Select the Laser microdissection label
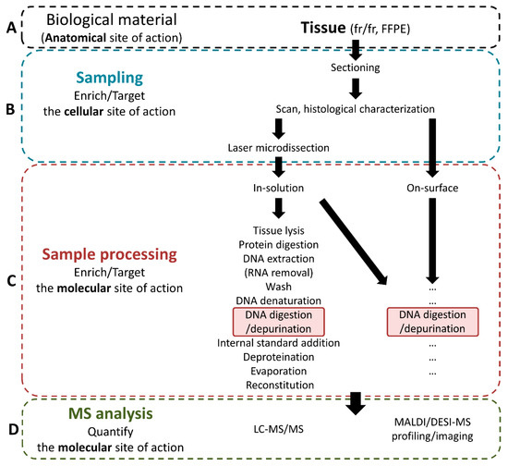click(x=273, y=147)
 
